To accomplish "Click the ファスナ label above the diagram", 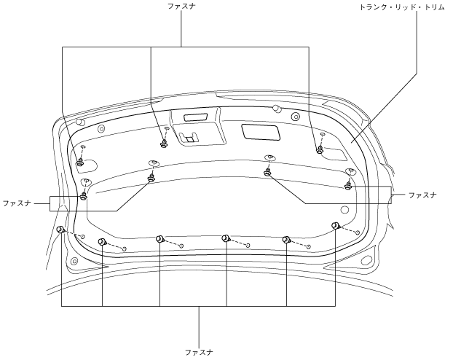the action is [181, 7].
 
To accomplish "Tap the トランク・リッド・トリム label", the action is [402, 7].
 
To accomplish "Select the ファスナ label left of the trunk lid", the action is [17, 203].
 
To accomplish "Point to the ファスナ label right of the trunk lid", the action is [422, 195].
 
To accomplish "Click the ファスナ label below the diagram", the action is [199, 352].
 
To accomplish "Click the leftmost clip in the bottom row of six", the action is [61, 230].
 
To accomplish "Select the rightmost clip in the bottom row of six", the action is [336, 226].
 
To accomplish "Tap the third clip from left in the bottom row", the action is [160, 239].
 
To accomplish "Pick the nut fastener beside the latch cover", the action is [164, 144].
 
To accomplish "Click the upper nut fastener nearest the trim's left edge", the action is [80, 163].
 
